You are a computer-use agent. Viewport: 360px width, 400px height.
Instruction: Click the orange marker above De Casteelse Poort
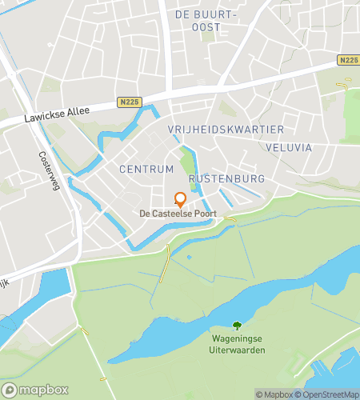tap(180, 199)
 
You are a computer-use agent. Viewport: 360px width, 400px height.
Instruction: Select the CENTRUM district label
tap(146, 170)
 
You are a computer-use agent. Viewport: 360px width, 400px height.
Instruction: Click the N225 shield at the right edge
tap(348, 61)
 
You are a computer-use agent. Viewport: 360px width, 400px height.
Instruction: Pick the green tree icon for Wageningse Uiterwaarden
tap(237, 325)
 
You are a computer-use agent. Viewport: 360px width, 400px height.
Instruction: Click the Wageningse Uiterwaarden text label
tap(237, 345)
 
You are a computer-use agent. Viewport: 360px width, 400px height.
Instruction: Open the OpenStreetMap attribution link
tap(328, 394)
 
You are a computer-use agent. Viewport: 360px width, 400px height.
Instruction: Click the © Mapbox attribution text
tap(274, 394)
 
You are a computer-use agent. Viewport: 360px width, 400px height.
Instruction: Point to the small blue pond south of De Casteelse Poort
tap(189, 258)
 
